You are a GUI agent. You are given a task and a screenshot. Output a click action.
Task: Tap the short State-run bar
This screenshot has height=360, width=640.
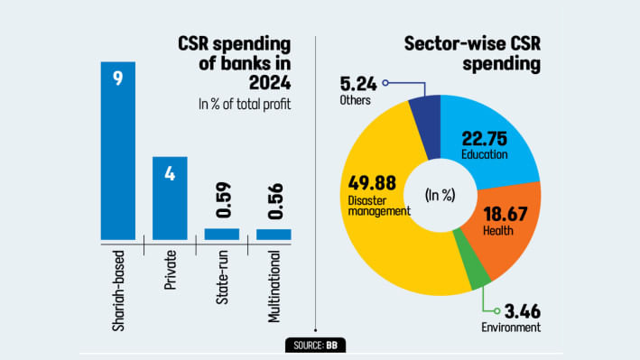221,235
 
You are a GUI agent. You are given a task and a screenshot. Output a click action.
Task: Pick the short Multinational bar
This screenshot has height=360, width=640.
274,235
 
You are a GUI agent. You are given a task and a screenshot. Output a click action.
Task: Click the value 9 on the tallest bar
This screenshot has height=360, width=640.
117,79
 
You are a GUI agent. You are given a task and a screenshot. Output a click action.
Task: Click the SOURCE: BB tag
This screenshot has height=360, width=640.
315,345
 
